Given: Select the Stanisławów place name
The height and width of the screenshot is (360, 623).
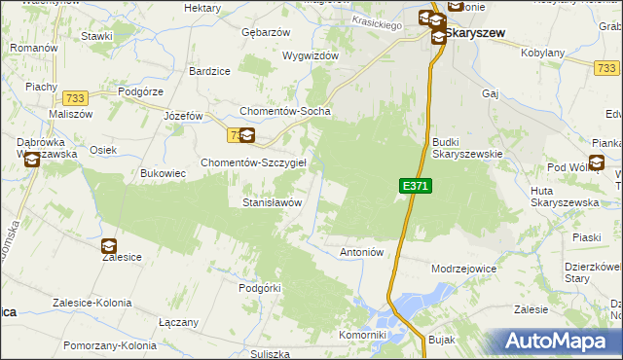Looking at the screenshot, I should [272, 202].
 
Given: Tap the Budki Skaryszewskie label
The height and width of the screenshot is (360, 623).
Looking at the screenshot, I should [466, 147].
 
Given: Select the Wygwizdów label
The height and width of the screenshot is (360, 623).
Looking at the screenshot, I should [311, 55].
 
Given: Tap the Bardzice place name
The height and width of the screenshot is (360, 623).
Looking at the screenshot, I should [209, 71].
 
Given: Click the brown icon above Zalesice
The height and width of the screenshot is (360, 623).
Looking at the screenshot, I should [108, 246].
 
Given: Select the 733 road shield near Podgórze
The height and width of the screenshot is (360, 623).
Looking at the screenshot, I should [74, 98].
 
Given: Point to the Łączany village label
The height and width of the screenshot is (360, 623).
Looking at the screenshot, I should [178, 322].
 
